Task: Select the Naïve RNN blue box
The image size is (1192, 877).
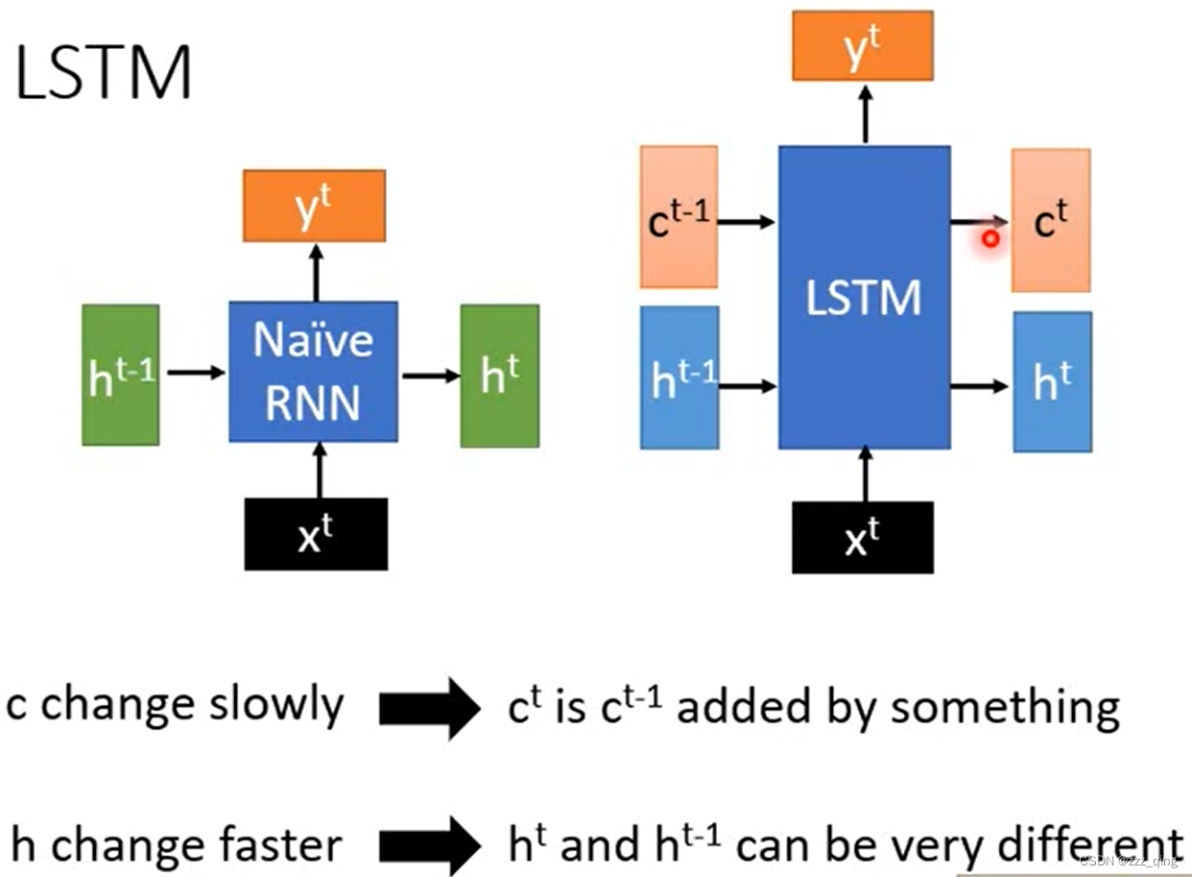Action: point(313,372)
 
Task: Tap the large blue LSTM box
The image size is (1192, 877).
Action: point(864,297)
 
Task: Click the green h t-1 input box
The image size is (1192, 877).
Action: point(121,376)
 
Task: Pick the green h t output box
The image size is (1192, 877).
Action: point(499,376)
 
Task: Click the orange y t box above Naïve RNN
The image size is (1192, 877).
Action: point(314,206)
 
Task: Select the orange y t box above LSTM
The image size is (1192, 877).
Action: point(862,45)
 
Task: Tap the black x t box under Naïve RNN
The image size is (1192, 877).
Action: point(317,534)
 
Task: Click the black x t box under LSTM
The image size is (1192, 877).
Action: point(862,537)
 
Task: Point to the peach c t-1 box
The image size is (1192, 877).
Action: point(679,217)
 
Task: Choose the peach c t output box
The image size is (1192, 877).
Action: point(1051,220)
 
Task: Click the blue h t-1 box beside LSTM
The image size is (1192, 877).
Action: point(679,378)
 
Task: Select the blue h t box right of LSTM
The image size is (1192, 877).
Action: point(1052,381)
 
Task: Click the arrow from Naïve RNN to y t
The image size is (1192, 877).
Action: point(315,271)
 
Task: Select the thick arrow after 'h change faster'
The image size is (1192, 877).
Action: point(428,846)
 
